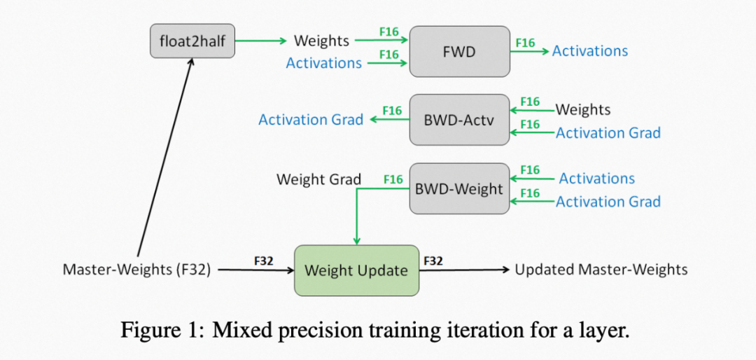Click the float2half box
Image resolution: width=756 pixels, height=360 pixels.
pos(192,41)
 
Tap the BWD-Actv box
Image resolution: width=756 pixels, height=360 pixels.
pos(459,120)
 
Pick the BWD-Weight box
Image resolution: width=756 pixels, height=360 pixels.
pos(459,188)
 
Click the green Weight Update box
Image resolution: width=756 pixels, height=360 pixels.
pos(356,270)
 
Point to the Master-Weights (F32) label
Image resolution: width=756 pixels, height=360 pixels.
pos(136,270)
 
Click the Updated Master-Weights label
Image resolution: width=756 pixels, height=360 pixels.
pos(601,270)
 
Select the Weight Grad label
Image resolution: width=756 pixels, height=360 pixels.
pos(318,179)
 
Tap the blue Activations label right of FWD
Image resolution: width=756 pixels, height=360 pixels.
pos(590,51)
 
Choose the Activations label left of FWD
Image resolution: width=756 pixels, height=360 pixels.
pos(324,63)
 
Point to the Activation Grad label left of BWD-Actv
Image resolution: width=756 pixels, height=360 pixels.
pos(311,120)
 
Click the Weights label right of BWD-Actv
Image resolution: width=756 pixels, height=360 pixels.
pos(583,110)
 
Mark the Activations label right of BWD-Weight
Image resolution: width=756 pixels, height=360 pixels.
pos(597,179)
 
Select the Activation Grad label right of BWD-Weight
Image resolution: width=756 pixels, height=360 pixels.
pos(608,202)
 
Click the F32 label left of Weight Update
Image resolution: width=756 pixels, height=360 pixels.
pos(263,261)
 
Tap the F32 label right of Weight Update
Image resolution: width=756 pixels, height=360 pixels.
pos(433,261)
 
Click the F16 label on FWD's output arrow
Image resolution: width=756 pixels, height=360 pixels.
pos(525,43)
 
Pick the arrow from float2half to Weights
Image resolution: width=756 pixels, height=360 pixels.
pos(261,41)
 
